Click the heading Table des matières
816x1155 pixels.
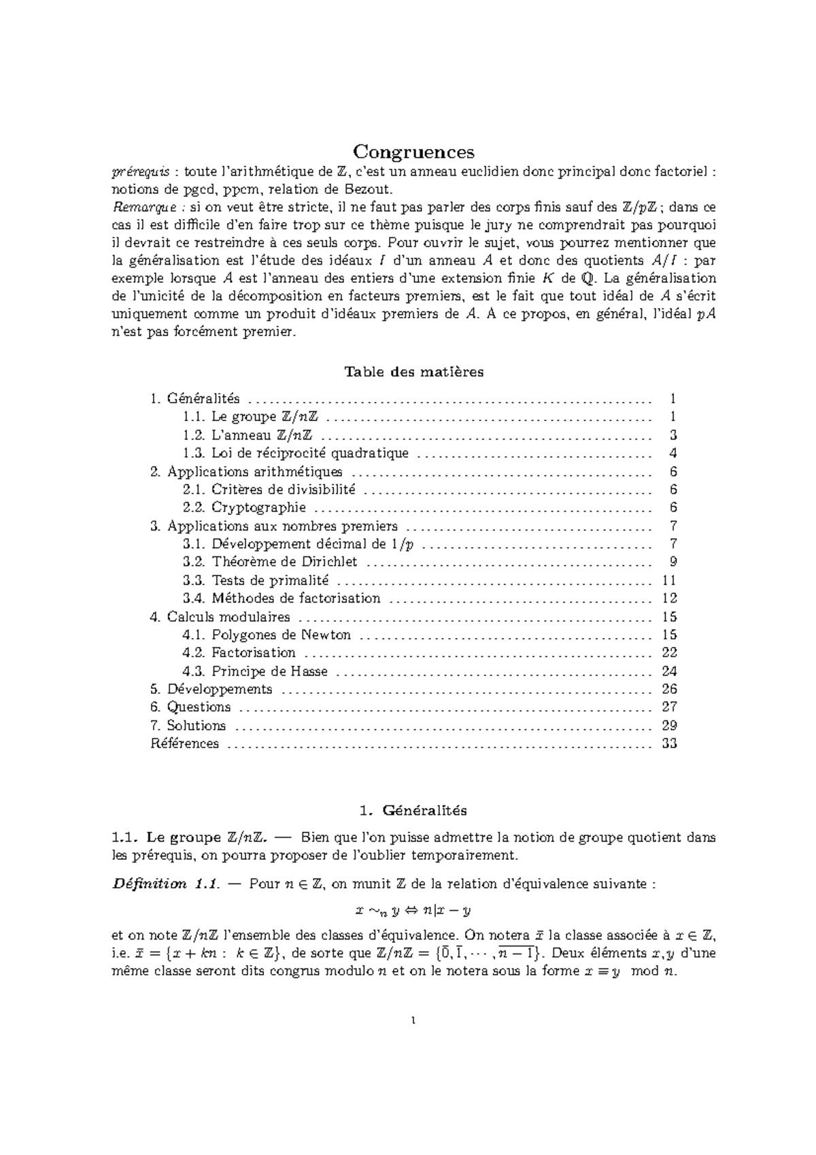coord(414,372)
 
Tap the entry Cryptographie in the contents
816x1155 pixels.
coord(258,507)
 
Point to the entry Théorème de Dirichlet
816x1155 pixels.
coord(284,562)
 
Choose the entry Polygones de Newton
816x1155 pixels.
coord(281,635)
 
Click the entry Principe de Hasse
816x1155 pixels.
coord(269,671)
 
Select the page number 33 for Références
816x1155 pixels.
coord(669,743)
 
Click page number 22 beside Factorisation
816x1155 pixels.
coord(669,653)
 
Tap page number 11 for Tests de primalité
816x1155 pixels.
coord(669,580)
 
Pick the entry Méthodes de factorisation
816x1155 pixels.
coord(296,599)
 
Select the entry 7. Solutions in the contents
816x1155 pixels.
coord(188,725)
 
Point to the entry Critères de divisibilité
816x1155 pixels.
coord(283,490)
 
